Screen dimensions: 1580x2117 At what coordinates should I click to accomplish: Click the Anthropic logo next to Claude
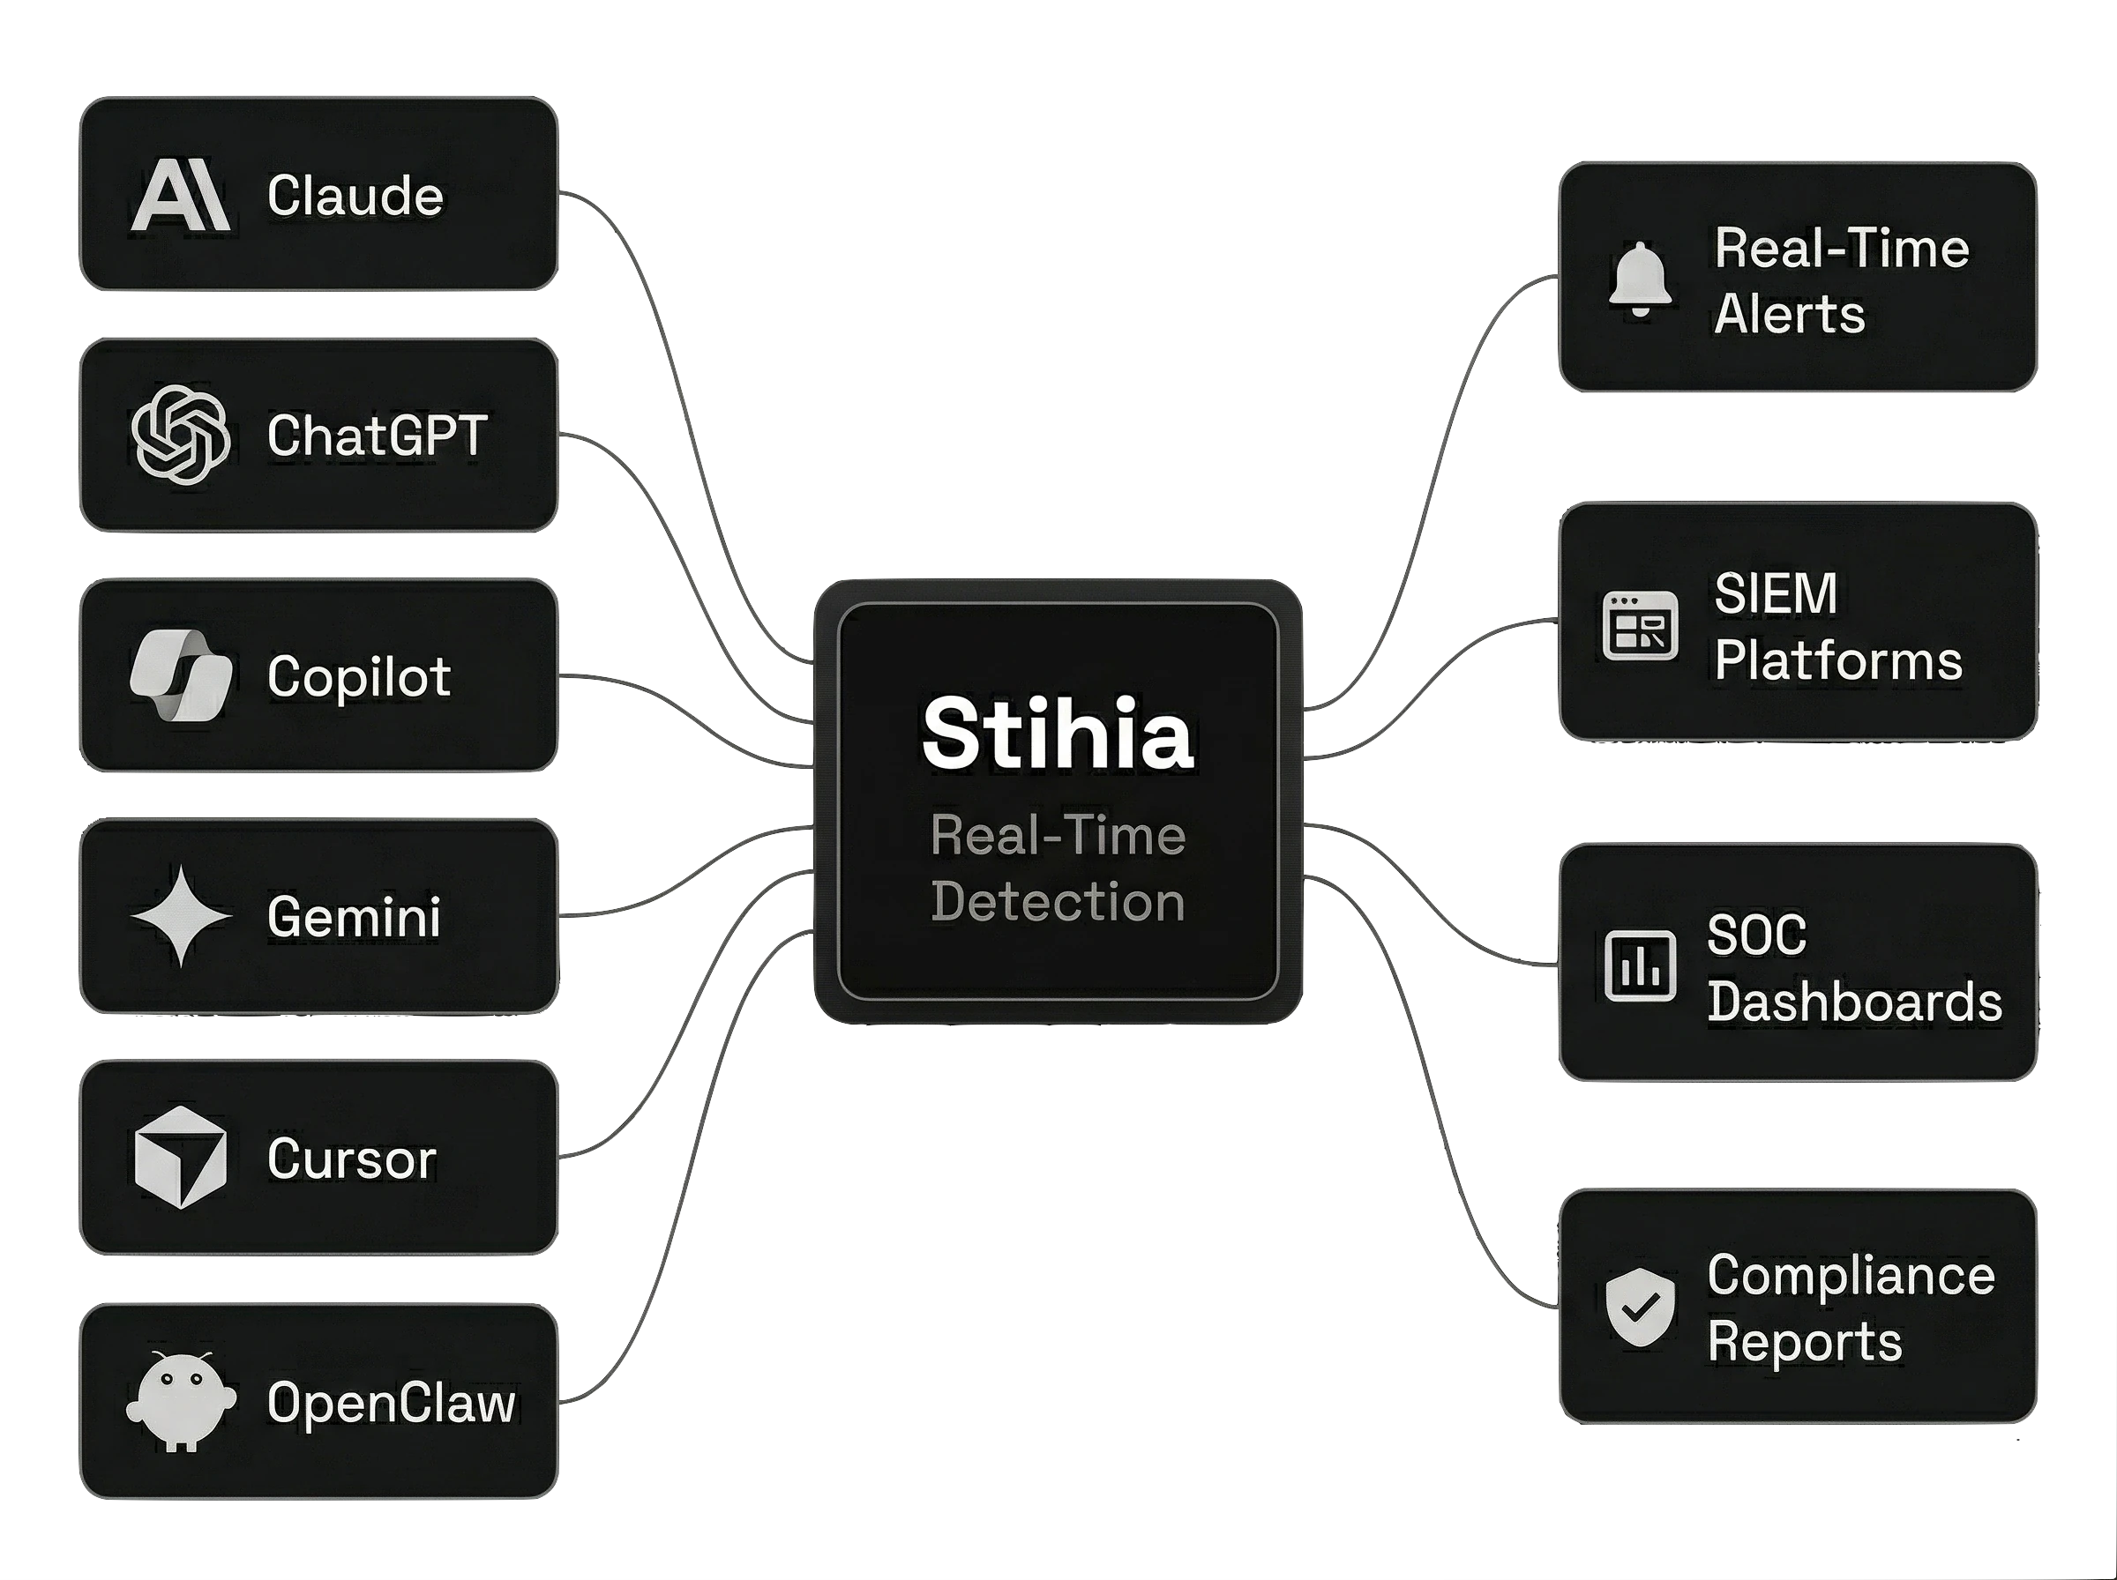coord(180,195)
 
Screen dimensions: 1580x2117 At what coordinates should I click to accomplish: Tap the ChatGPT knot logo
coord(180,436)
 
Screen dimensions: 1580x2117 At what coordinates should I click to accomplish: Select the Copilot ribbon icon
coord(180,675)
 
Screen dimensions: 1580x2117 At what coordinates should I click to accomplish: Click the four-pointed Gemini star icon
coord(180,916)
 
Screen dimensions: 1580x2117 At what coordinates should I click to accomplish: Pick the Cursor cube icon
coord(180,1158)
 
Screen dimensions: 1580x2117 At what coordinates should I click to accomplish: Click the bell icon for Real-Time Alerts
coord(1640,279)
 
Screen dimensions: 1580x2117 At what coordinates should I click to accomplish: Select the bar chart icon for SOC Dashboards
coord(1640,966)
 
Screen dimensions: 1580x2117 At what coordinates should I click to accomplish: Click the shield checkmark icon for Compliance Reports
coord(1640,1308)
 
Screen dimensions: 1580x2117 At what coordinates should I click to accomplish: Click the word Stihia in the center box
coord(1057,734)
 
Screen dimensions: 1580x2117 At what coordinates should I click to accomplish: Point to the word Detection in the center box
coord(1057,902)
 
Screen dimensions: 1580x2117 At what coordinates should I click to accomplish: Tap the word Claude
coord(355,196)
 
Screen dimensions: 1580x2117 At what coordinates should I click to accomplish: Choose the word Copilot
coord(359,677)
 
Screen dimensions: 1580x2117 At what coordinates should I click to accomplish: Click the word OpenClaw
coord(390,1403)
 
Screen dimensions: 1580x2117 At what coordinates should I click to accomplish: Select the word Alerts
coord(1789,314)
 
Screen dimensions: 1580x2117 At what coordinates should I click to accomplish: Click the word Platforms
coord(1837,661)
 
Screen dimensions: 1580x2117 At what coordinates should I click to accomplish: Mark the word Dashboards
coord(1854,1002)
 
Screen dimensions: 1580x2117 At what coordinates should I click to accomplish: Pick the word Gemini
coord(354,917)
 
